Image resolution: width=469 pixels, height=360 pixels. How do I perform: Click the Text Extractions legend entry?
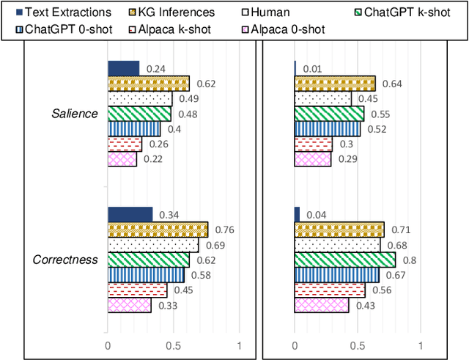point(62,12)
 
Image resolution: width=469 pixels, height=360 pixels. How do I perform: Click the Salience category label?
point(74,114)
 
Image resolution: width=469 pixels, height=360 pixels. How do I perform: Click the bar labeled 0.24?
point(123,68)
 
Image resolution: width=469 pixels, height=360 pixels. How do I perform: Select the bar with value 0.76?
point(158,229)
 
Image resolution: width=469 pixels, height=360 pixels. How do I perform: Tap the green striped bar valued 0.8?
point(344,260)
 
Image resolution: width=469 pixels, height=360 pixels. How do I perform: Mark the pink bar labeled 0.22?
point(122,159)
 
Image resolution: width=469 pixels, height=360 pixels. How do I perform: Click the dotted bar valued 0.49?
point(139,98)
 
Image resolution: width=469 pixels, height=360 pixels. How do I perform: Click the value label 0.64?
point(392,84)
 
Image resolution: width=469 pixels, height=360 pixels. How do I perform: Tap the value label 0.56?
point(381,290)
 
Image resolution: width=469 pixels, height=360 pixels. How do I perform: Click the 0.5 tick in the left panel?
point(173,345)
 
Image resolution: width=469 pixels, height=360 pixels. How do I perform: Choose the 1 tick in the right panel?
point(420,345)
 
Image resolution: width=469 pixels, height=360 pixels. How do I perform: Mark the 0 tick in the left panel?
point(108,345)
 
